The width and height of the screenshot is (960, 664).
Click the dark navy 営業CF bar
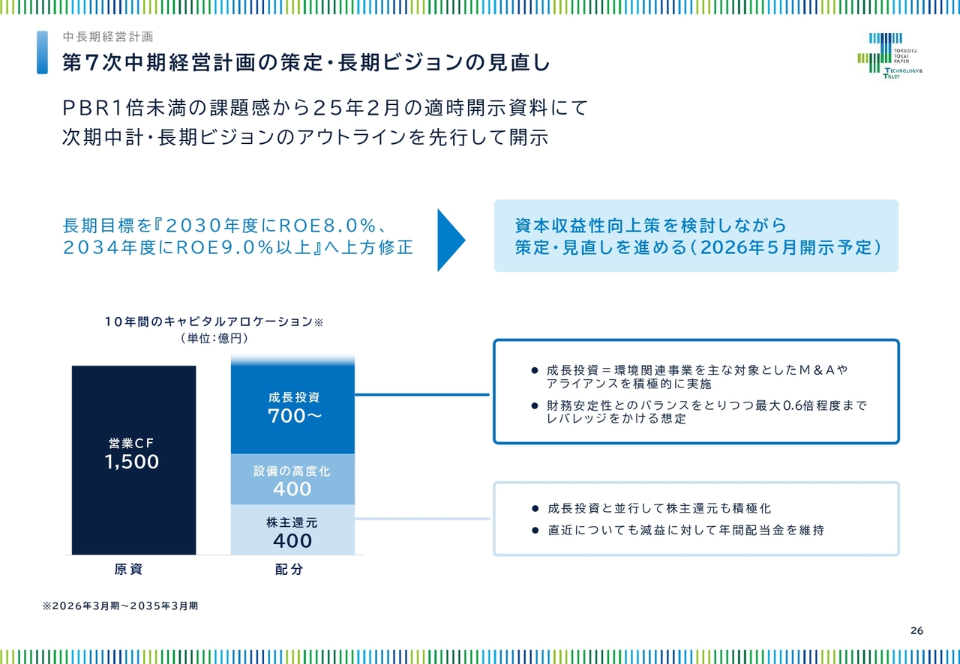(x=133, y=459)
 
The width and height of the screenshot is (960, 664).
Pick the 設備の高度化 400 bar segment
(x=292, y=479)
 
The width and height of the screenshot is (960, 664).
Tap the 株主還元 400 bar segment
(x=292, y=530)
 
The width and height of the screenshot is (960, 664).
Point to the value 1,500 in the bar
(x=131, y=462)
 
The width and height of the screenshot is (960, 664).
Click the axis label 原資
(x=128, y=569)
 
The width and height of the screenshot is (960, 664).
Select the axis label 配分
(x=289, y=569)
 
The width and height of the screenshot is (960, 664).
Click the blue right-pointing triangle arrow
(x=451, y=241)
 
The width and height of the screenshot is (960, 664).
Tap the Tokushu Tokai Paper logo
(x=889, y=55)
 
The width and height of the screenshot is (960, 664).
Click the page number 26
(x=916, y=630)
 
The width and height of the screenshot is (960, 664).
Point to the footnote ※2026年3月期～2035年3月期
(x=121, y=606)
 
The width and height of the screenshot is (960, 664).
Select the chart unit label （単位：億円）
(x=214, y=339)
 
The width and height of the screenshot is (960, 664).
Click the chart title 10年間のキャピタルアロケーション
(x=208, y=322)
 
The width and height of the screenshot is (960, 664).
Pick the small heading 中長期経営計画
(x=108, y=37)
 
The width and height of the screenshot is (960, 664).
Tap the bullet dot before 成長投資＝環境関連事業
(x=535, y=370)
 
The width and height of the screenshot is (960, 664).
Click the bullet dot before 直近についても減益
(x=535, y=531)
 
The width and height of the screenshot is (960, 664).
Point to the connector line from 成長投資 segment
(x=422, y=394)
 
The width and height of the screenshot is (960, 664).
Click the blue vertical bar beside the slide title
(x=43, y=52)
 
